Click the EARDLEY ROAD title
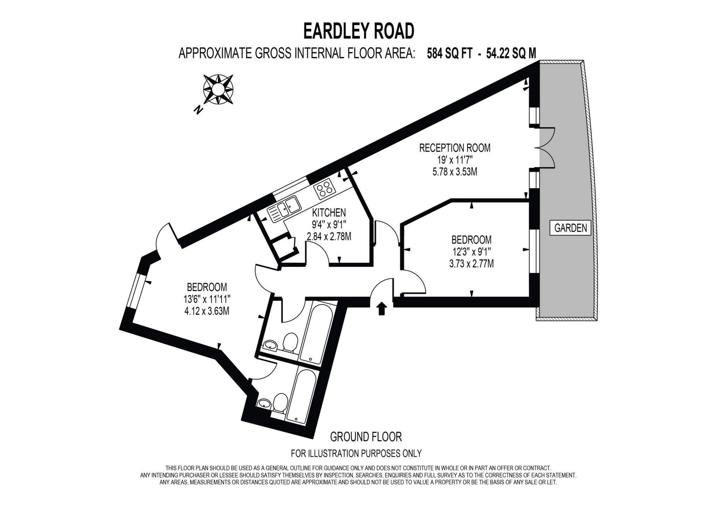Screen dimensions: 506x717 point(358,31)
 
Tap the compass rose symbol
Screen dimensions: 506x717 point(218,89)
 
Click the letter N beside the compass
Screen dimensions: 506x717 point(199,110)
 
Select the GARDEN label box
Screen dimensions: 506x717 point(570,228)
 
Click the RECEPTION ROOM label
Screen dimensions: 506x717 point(455,148)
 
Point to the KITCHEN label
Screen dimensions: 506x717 point(329,212)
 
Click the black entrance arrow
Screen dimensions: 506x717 point(382,309)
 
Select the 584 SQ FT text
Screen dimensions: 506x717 point(450,54)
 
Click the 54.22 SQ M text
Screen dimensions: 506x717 point(511,54)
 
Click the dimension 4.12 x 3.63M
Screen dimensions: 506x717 point(207,311)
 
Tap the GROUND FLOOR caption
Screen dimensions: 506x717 point(366,437)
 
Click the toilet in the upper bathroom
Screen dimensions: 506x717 point(290,342)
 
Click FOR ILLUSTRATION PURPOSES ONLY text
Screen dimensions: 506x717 point(356,454)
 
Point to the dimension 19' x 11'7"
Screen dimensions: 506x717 point(455,160)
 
